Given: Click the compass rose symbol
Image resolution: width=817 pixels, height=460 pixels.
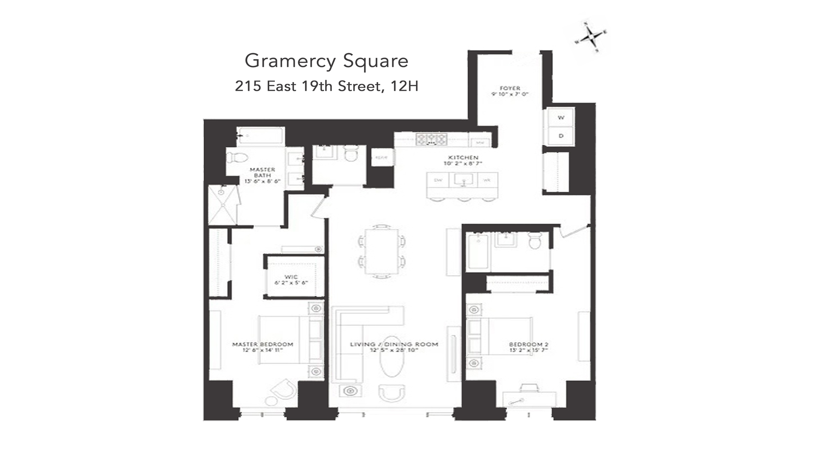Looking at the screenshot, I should coord(591,37).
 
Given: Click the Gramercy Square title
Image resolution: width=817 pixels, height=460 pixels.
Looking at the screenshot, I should coord(326,61).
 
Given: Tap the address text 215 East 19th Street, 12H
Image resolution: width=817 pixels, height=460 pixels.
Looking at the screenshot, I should coord(326,86).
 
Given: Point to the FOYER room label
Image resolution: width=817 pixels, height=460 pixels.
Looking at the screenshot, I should coord(509,91).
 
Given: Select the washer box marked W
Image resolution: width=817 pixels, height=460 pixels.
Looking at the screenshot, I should coord(561,118).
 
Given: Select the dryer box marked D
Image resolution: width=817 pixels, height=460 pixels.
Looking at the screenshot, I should coord(561,136).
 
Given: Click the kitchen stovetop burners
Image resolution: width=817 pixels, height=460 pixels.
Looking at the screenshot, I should coord(431,139).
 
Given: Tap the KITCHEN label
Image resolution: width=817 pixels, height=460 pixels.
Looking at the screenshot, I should coord(463,160).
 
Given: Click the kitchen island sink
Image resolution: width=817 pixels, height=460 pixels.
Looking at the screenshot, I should coord(463,179).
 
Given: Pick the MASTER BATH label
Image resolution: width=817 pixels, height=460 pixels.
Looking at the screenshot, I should coord(262,175).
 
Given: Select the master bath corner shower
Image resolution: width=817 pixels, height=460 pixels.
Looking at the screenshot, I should coord(222,205).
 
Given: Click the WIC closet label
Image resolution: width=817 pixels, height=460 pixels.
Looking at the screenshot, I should coord(291,280).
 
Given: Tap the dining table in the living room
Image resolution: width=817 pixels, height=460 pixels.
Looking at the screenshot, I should coord(382,251).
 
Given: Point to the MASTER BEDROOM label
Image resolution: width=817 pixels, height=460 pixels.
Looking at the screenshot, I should coord(263,347).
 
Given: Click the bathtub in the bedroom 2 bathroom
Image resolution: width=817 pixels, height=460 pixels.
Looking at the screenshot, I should coord(477,251).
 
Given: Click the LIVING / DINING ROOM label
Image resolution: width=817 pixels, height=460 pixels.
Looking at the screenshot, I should coord(394,347).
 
